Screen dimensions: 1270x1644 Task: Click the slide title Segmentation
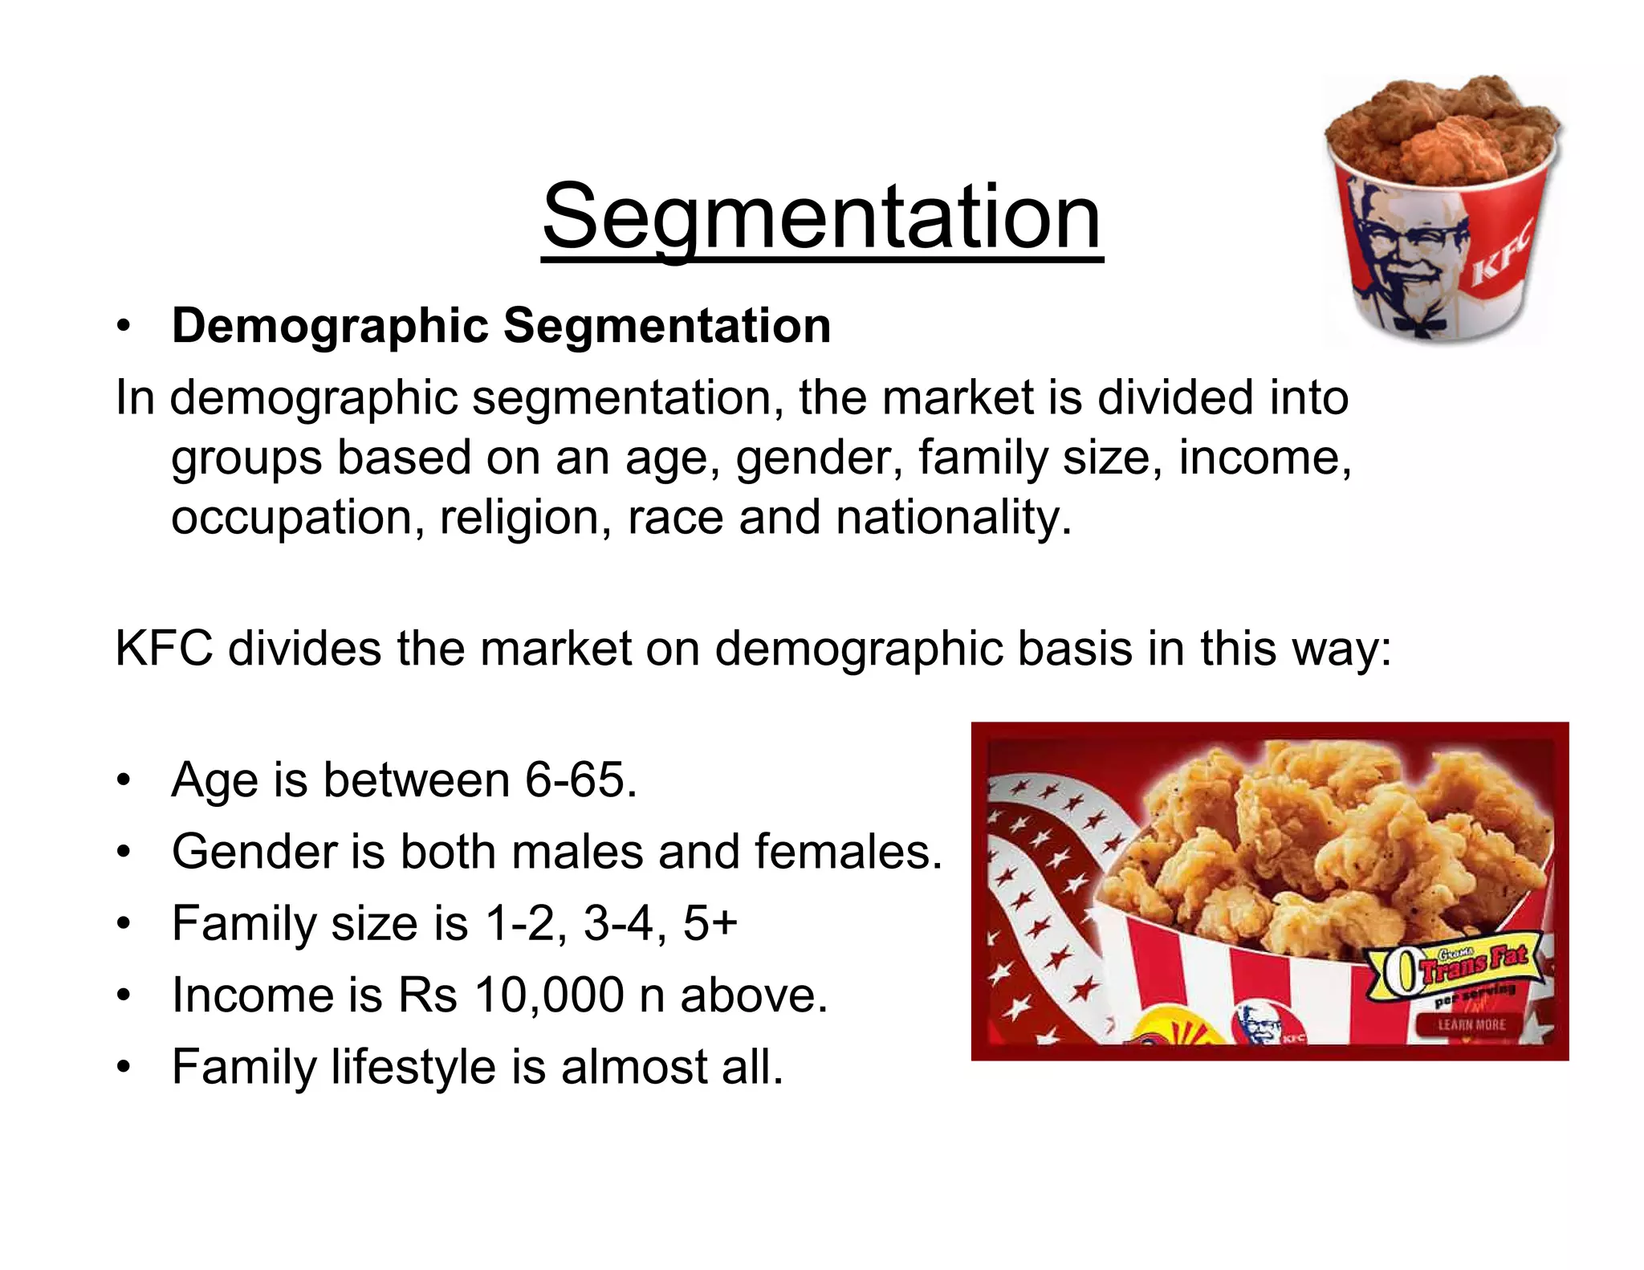[822, 217]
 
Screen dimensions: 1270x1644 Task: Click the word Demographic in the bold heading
[330, 326]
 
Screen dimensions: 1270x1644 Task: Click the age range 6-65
[580, 780]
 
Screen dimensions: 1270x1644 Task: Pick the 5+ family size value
[710, 923]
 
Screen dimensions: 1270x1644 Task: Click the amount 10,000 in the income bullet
[549, 995]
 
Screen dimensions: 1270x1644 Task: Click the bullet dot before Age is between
[123, 781]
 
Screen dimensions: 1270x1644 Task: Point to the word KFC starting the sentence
[164, 649]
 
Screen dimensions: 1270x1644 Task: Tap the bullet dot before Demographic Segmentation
[123, 328]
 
